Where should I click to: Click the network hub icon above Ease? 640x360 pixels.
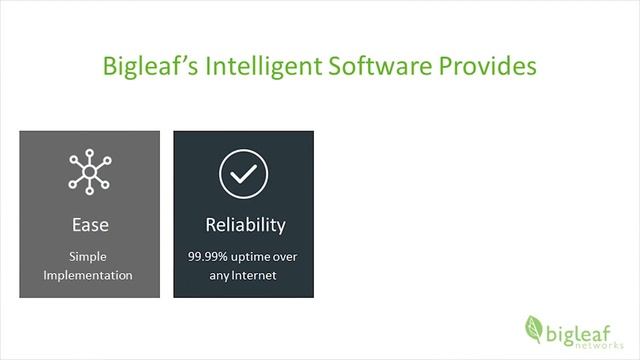(89, 172)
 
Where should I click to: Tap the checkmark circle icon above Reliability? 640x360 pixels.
(244, 173)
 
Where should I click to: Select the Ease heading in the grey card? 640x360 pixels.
(90, 224)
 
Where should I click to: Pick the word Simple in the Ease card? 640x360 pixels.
(89, 257)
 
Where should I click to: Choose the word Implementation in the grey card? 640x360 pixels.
(89, 275)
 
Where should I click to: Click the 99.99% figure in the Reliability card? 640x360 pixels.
(208, 257)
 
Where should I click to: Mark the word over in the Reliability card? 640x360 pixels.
(289, 257)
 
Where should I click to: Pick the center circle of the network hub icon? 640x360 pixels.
(89, 173)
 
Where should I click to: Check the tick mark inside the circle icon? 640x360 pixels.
(244, 173)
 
